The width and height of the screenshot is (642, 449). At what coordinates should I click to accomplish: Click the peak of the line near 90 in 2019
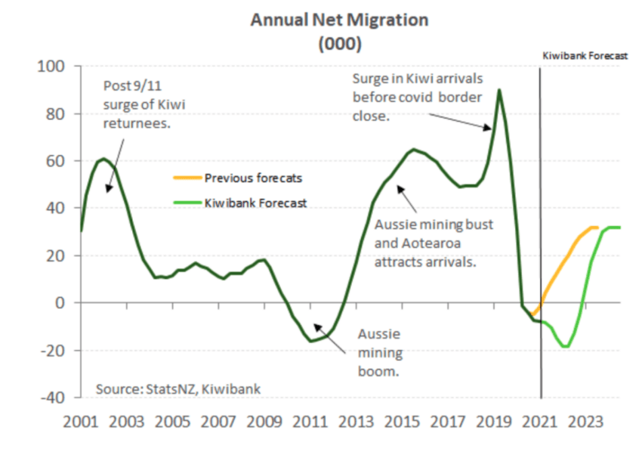point(499,90)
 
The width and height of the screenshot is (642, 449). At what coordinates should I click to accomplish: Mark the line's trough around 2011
point(311,341)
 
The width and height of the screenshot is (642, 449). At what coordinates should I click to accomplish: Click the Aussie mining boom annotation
point(378,352)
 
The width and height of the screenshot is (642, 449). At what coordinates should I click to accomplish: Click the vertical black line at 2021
point(541,227)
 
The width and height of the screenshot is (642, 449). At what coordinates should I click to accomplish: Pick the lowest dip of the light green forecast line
point(565,346)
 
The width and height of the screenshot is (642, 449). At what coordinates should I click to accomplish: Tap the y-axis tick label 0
point(64,302)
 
